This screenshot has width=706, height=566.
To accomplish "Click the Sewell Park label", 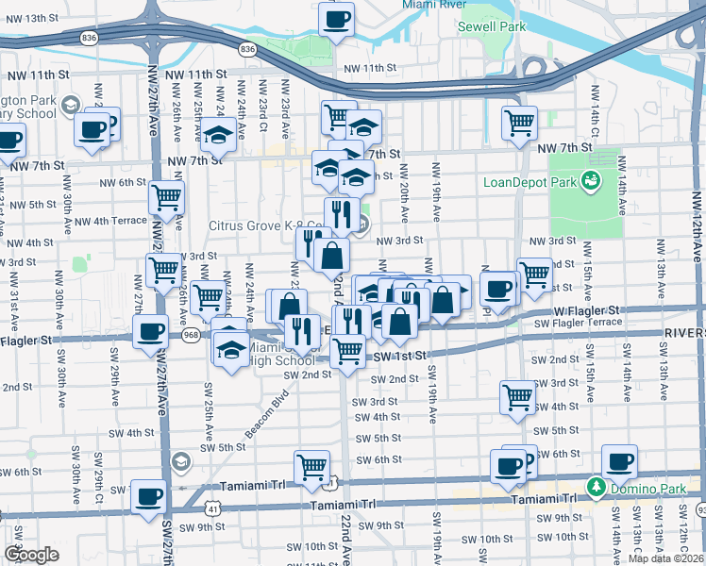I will (491, 27).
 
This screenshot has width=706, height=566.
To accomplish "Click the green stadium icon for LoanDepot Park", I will (592, 180).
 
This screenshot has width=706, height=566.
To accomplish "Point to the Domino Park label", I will (642, 486).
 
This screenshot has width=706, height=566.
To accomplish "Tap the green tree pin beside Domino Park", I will (596, 487).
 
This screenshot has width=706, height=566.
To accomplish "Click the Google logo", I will (31, 555).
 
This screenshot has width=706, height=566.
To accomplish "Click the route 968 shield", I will (192, 335).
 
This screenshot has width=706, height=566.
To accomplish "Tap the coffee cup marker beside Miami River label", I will (336, 18).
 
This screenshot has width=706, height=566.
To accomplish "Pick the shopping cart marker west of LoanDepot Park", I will (519, 122).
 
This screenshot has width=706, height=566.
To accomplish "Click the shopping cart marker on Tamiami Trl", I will (311, 466).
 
